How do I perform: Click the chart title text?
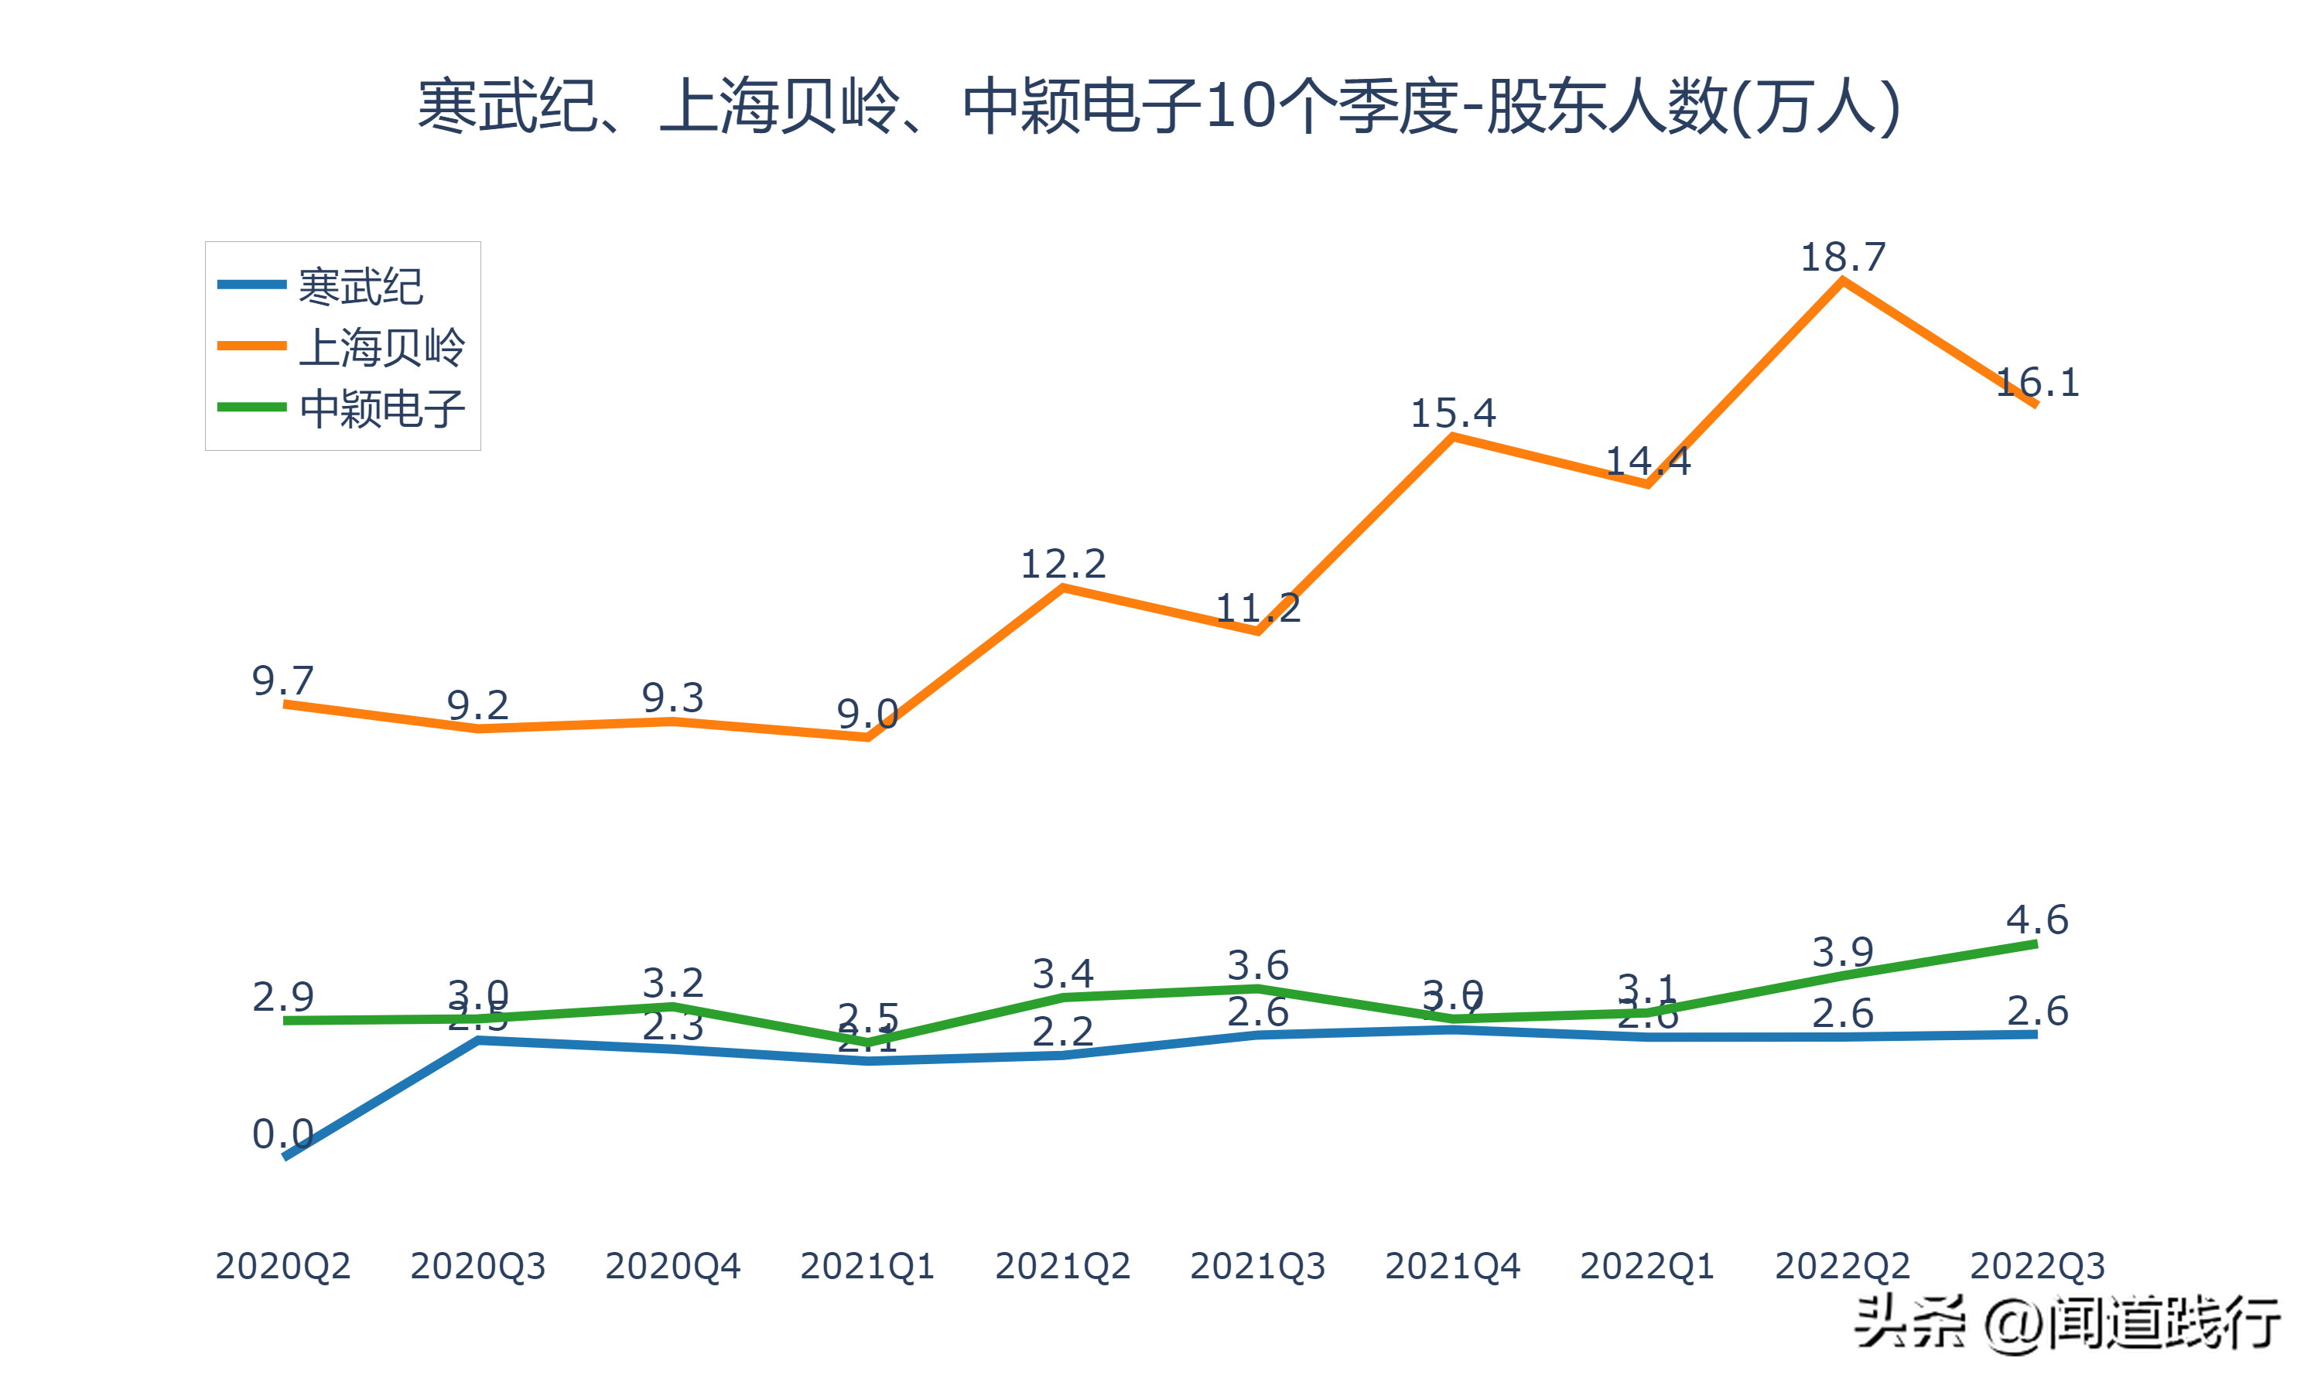(x=1160, y=105)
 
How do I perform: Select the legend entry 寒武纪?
(x=361, y=286)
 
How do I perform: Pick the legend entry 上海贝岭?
(x=381, y=347)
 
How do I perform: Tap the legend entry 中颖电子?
(x=381, y=409)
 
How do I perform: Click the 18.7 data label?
(x=1843, y=257)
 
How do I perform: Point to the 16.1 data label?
(x=2037, y=383)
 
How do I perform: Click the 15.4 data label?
(x=1453, y=414)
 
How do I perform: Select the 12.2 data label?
(x=1063, y=564)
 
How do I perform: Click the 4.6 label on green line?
(x=2037, y=919)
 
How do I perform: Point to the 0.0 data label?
(x=282, y=1134)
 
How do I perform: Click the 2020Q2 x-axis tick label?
(x=282, y=1266)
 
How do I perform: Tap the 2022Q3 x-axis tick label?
(x=2037, y=1266)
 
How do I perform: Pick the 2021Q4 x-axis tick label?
(x=1452, y=1266)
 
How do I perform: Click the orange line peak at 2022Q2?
(x=1843, y=281)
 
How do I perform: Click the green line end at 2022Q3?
(x=2035, y=944)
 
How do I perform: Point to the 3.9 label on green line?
(x=1843, y=952)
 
